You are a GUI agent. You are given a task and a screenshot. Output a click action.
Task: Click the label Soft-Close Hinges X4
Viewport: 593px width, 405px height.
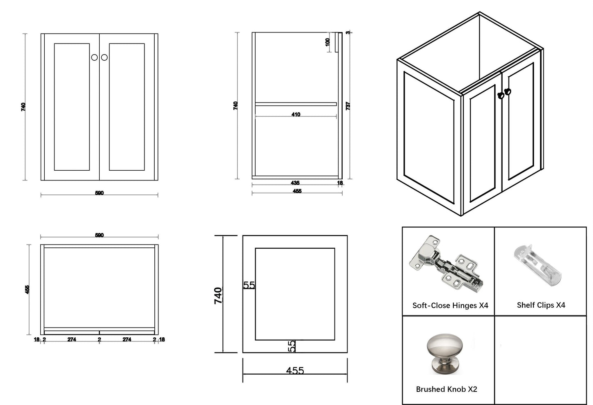(x=450, y=305)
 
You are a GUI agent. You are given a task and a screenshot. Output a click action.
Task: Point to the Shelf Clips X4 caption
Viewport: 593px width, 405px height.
(x=541, y=305)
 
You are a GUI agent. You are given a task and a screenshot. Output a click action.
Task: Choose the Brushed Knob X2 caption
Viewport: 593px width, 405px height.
(x=446, y=389)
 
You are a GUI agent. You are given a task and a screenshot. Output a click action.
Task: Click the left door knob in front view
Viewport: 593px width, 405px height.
(x=94, y=57)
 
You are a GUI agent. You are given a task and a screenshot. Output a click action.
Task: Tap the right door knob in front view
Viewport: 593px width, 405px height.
(x=104, y=57)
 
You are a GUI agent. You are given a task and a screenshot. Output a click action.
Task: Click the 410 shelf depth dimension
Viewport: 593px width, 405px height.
(x=295, y=114)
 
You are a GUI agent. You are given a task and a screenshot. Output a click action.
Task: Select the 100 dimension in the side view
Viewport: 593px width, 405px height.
(x=328, y=42)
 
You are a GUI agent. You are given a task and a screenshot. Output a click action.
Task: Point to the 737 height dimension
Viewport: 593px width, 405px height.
(x=348, y=105)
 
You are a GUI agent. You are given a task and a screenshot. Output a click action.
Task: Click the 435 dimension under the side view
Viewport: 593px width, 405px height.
(x=295, y=183)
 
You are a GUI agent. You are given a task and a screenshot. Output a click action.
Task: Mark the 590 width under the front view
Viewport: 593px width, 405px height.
(x=99, y=193)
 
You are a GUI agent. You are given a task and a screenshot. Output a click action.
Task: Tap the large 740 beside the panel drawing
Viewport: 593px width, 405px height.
(x=218, y=295)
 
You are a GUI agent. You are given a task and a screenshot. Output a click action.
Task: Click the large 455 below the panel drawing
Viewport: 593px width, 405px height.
(x=295, y=371)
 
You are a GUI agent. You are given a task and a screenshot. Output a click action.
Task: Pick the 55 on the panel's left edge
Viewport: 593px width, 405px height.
(x=249, y=285)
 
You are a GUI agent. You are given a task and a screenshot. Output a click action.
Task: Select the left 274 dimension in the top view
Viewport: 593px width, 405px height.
(x=71, y=339)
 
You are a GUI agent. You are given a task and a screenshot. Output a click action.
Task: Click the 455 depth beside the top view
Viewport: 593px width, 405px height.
(x=27, y=289)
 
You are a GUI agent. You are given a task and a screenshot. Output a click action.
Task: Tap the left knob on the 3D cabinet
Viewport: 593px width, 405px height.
(x=500, y=95)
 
